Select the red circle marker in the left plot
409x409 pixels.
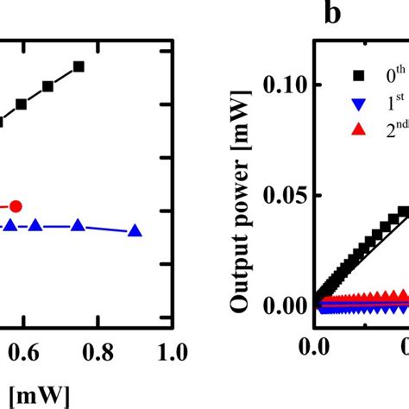[x=39, y=206]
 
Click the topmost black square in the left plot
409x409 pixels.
[x=79, y=66]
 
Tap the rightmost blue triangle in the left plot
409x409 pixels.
[x=135, y=230]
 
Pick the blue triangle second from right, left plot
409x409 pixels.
[x=78, y=225]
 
